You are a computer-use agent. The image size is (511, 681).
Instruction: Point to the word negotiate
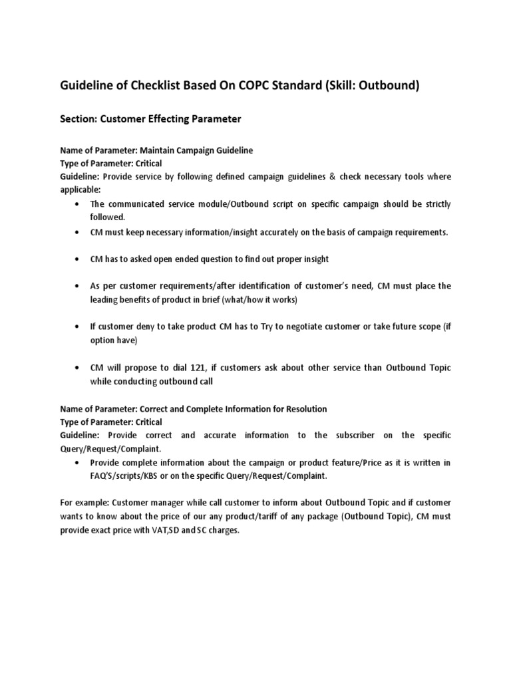[269, 327]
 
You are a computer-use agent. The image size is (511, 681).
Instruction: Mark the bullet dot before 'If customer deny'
[80, 327]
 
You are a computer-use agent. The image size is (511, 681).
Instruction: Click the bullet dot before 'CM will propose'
[80, 368]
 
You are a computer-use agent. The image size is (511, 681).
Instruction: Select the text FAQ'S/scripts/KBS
[126, 476]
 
